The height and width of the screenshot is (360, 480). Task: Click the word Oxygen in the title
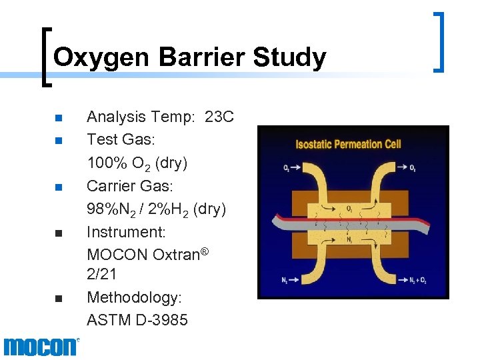[100, 58]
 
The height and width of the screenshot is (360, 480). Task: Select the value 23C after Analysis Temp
[219, 117]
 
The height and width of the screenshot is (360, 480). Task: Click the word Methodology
[134, 297]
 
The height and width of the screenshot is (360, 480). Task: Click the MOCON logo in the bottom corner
[41, 347]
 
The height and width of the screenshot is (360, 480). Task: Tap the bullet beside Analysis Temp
[58, 119]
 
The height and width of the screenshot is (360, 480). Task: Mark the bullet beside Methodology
[58, 298]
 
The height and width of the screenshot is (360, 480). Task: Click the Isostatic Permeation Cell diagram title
[349, 144]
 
